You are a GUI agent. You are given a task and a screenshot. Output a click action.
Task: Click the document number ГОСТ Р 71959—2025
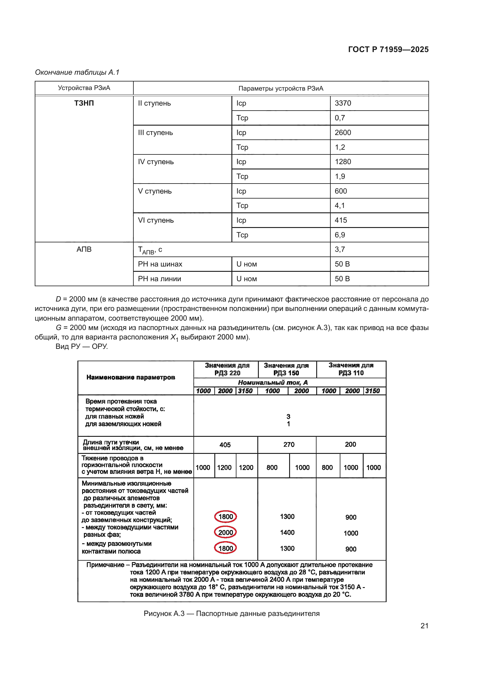click(x=388, y=49)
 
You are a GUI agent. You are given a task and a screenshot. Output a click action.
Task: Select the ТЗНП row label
click(x=84, y=103)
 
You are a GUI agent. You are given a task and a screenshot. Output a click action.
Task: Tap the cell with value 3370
click(x=343, y=103)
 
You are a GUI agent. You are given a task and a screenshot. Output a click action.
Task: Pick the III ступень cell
click(x=155, y=132)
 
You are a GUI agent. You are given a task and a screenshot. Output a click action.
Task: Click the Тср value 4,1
click(x=339, y=206)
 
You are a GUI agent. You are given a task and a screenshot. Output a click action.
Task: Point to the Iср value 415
click(x=341, y=220)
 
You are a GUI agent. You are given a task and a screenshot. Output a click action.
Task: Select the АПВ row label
click(x=84, y=249)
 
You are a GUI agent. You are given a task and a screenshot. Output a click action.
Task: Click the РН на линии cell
click(x=159, y=279)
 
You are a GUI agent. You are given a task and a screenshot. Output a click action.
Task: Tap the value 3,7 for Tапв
click(x=339, y=249)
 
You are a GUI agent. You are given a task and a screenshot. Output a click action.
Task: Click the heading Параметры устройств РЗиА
click(x=281, y=89)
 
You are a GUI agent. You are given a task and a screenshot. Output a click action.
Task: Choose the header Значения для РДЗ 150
click(x=286, y=369)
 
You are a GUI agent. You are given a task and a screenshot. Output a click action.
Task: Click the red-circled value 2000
click(x=226, y=532)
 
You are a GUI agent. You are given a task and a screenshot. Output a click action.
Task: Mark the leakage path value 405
click(x=225, y=445)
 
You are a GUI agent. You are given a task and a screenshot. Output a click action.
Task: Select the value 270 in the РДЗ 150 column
click(x=289, y=444)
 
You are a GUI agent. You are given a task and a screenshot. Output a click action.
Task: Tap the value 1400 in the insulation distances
click(x=287, y=532)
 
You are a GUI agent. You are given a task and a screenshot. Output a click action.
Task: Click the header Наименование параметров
click(x=130, y=377)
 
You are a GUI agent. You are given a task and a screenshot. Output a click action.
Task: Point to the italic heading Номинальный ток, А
click(x=273, y=382)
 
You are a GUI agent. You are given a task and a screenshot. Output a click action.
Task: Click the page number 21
click(x=424, y=626)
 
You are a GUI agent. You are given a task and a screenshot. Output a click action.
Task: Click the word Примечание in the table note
click(x=105, y=565)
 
